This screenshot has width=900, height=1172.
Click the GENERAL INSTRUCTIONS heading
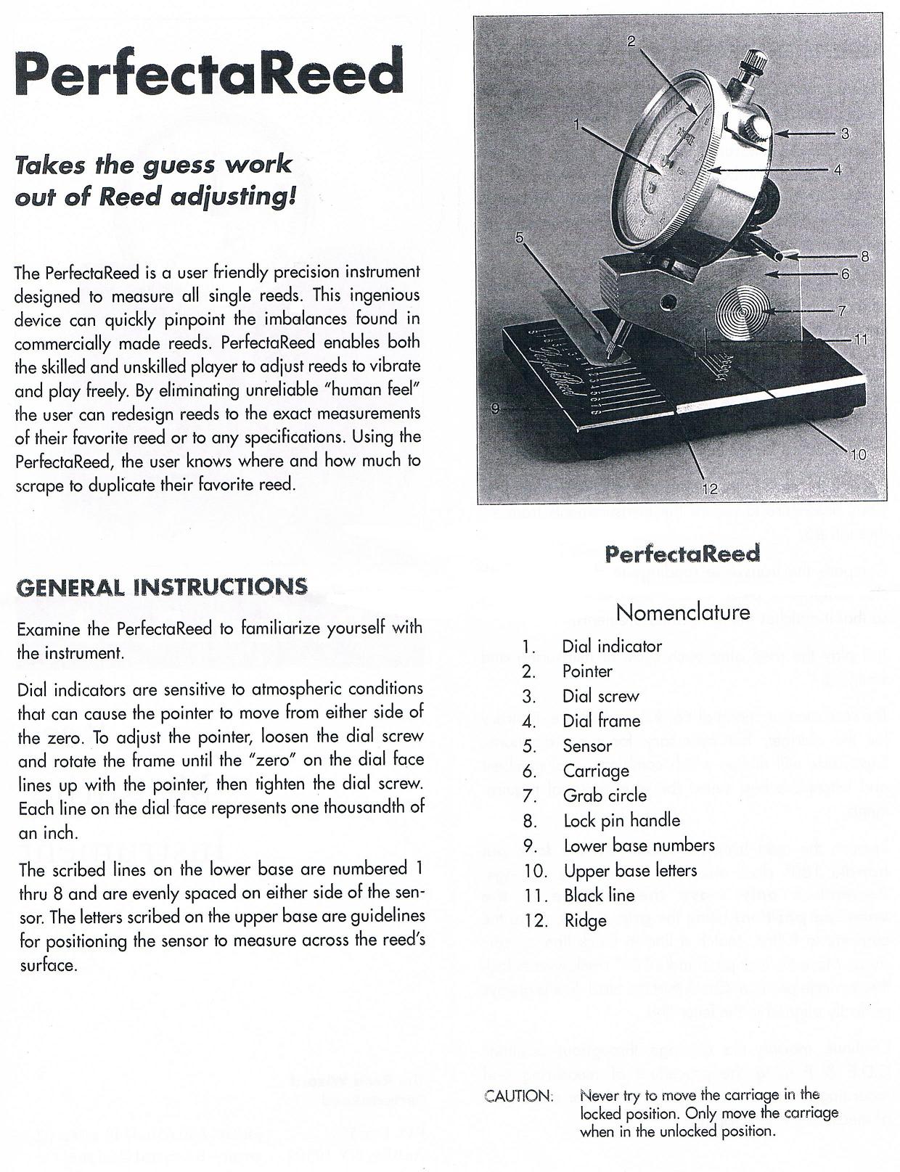[161, 586]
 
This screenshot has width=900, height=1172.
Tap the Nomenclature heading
[682, 612]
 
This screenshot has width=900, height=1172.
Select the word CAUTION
[518, 1096]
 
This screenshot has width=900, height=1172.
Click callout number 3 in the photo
[844, 134]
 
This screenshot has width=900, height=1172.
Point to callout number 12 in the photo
[709, 489]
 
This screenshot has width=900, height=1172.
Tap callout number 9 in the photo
[495, 409]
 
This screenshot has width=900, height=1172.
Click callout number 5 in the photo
[520, 237]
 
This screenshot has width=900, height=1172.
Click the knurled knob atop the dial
[750, 63]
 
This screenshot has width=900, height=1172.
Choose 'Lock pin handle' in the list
[621, 821]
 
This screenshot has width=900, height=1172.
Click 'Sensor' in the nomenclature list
[587, 746]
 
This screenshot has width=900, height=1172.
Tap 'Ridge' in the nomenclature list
[585, 921]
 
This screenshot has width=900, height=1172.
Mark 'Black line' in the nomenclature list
[599, 896]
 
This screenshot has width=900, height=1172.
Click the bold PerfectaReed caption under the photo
[682, 554]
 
